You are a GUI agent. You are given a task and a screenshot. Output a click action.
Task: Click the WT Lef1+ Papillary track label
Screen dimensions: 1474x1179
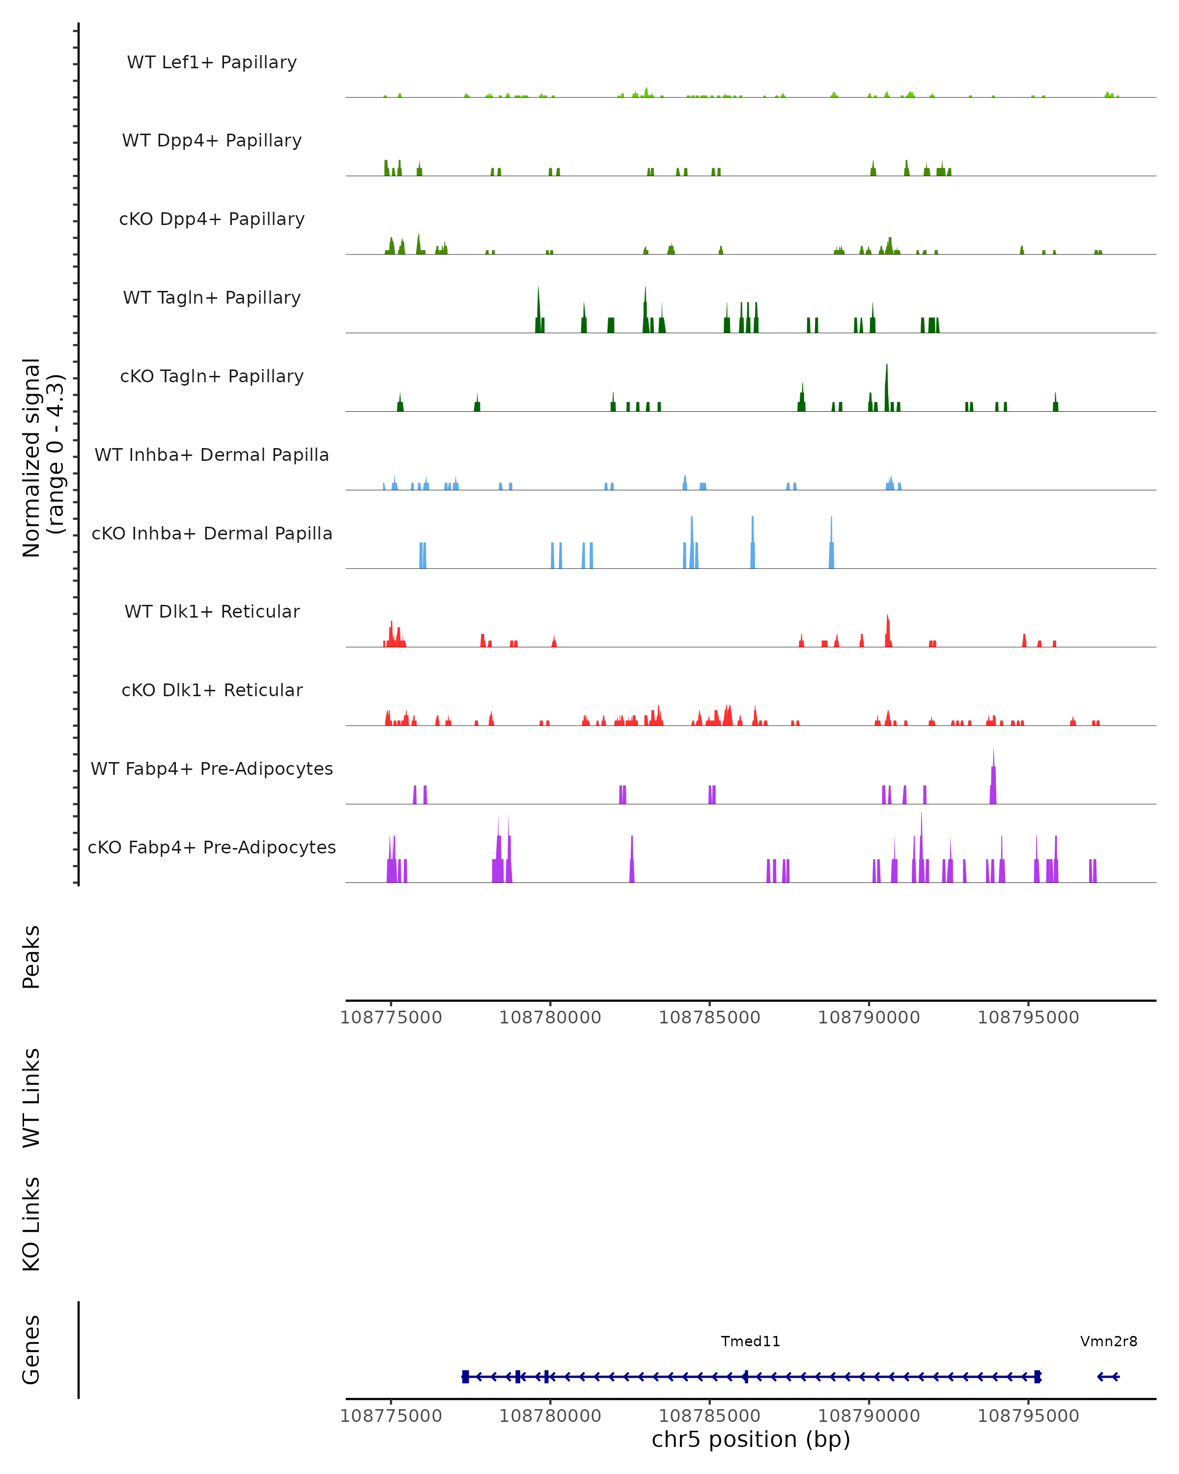coord(212,62)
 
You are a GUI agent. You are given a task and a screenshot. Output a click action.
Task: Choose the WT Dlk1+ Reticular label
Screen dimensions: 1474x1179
coord(212,611)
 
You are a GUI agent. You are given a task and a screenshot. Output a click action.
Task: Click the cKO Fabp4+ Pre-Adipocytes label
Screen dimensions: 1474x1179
coord(212,847)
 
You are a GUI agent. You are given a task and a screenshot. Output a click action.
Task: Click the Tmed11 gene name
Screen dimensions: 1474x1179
coord(751,1341)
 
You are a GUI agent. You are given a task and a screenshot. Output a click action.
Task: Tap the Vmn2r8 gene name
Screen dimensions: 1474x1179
coord(1109,1341)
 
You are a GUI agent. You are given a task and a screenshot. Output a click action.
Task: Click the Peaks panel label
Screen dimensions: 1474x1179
coord(31,957)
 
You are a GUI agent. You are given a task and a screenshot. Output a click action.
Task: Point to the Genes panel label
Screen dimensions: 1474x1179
coord(31,1350)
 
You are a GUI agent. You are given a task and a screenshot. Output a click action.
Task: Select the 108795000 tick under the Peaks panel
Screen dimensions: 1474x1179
coord(1028,1018)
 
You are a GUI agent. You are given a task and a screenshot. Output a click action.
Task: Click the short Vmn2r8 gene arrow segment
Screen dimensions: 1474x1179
coord(1108,1377)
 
